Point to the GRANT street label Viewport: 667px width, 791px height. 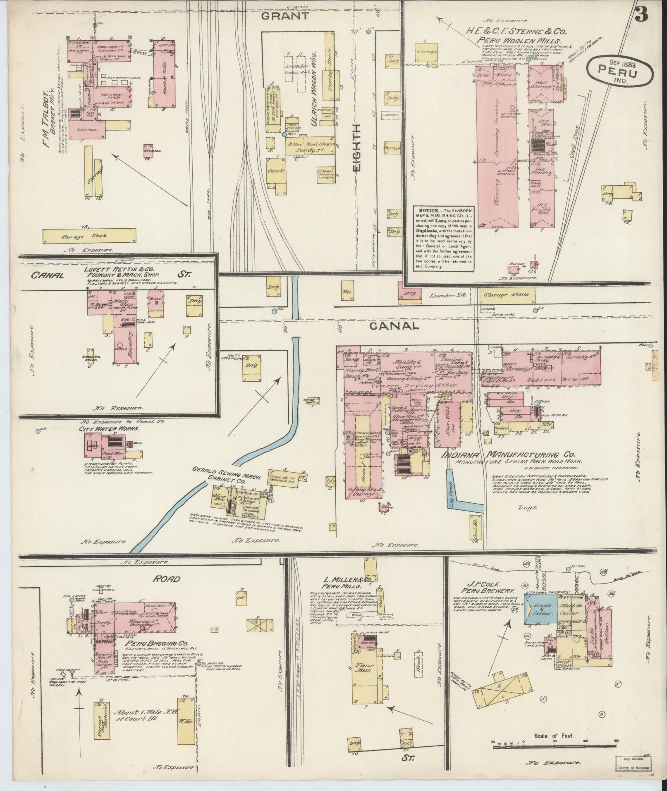[x=285, y=16]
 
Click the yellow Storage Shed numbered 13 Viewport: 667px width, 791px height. [x=89, y=236]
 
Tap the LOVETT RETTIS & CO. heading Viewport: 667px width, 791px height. [x=124, y=269]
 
